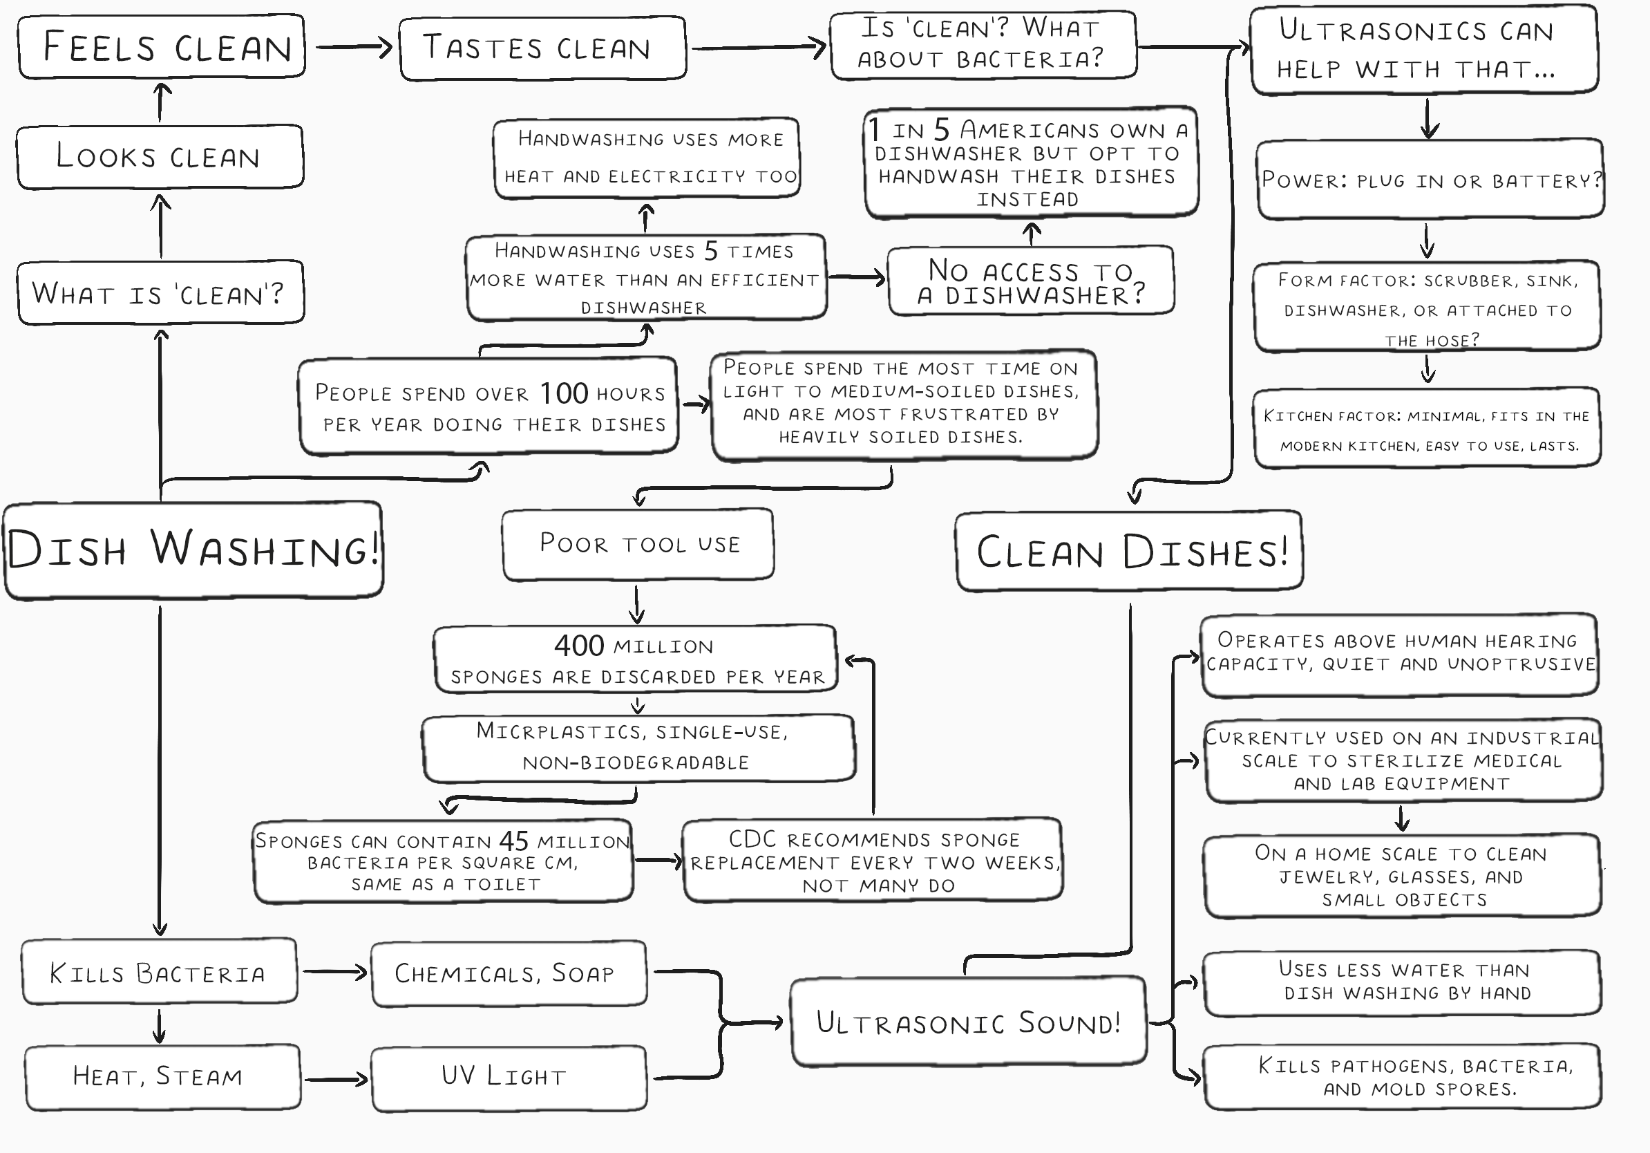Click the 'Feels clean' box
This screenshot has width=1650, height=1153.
pos(162,47)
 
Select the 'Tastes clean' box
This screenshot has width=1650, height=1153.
pos(542,48)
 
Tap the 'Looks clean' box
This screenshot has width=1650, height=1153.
pos(160,157)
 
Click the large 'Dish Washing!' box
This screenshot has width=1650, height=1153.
pos(193,550)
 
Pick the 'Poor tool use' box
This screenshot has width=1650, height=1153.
pos(638,544)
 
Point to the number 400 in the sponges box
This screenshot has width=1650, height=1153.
pos(578,646)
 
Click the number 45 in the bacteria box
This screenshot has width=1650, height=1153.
pos(514,841)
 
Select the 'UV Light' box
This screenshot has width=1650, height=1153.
pos(508,1077)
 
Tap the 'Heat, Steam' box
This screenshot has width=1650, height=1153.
pos(162,1077)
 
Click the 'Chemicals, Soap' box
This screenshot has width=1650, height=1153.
pos(508,973)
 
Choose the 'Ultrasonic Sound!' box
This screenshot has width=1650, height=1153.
pos(968,1022)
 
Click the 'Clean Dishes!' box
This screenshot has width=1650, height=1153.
pos(1128,552)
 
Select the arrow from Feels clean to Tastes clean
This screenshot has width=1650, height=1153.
pos(354,48)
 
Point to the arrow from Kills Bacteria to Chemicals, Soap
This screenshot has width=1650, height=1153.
pos(335,972)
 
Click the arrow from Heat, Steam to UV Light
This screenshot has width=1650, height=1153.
pos(336,1078)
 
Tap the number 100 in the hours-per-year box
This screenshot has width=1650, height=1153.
pos(564,393)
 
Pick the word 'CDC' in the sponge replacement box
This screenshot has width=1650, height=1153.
pos(752,839)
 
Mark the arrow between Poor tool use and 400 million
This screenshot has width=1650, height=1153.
pos(637,604)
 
